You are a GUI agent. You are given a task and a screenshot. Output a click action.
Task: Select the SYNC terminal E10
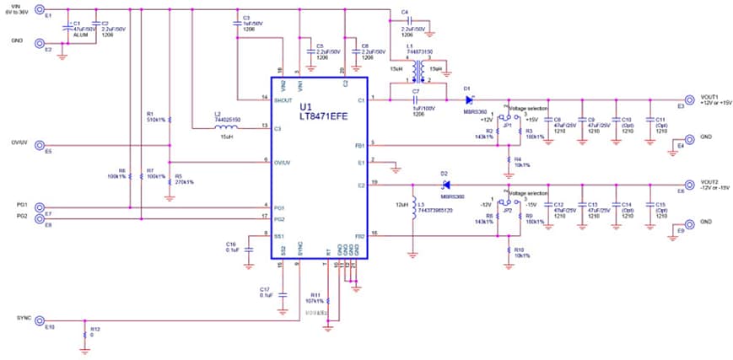click(39, 320)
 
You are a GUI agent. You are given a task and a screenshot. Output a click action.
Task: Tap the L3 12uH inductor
click(412, 207)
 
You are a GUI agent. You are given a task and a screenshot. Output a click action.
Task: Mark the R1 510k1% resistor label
click(155, 116)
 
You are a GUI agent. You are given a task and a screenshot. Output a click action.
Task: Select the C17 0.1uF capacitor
click(283, 293)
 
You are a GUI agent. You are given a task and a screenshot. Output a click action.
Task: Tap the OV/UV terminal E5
click(39, 145)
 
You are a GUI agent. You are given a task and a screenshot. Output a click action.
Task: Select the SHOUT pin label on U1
click(283, 99)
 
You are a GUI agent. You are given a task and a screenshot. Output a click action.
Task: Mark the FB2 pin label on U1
click(359, 234)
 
